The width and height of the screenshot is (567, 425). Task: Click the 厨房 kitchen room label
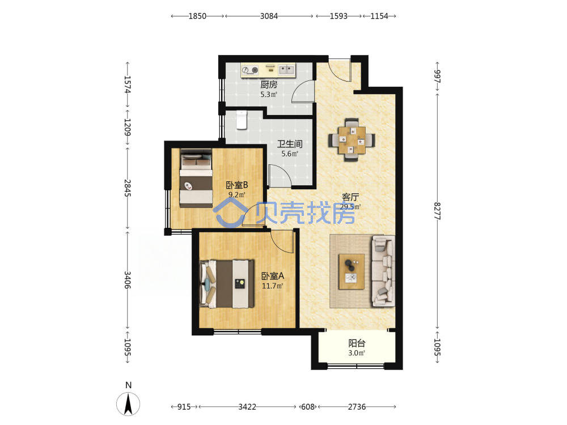(x=269, y=84)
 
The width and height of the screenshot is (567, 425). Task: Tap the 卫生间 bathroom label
(x=290, y=144)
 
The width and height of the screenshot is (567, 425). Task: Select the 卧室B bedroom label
(x=237, y=185)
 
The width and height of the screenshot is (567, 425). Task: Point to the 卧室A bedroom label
(x=273, y=276)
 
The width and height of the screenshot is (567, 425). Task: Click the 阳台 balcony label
(x=357, y=343)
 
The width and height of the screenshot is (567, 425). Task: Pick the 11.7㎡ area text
(x=272, y=286)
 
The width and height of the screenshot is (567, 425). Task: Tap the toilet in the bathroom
(x=242, y=120)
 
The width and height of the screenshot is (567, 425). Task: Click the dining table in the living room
(x=352, y=140)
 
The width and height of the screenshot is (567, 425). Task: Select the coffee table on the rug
(x=352, y=271)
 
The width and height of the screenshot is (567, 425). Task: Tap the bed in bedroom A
(x=227, y=284)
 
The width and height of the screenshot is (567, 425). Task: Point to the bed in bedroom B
(x=196, y=178)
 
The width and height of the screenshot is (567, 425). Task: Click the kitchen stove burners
(x=250, y=70)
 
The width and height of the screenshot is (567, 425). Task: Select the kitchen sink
(x=286, y=69)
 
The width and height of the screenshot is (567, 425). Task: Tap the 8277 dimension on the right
(x=437, y=211)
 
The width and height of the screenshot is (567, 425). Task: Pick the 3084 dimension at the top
(x=269, y=16)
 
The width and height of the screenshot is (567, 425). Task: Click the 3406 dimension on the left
(x=127, y=280)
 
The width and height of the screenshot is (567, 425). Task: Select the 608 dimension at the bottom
(x=308, y=407)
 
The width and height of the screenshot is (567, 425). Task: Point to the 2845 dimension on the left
(x=127, y=188)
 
